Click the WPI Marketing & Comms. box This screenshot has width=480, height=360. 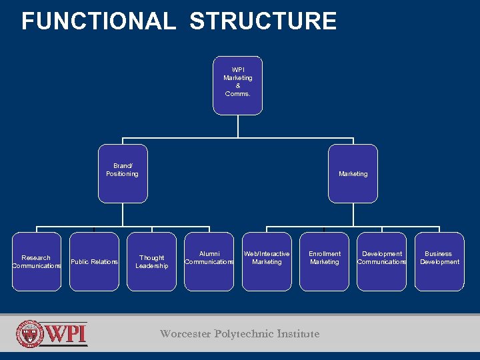pos(238,85)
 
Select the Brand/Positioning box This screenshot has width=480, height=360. pos(123,173)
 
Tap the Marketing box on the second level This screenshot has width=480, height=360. pos(353,173)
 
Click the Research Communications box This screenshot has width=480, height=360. pos(37,261)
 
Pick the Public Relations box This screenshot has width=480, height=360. pos(94,261)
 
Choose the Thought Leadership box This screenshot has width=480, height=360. pos(152,261)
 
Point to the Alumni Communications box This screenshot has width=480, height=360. pos(209,261)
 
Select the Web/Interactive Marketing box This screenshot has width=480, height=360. pos(267,261)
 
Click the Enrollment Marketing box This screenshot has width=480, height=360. pos(324,261)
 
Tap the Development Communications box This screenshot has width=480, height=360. pos(381,261)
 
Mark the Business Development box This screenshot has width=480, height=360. pos(439,261)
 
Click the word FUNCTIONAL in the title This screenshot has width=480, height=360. pos(98,21)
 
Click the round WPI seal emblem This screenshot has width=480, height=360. pos(30,334)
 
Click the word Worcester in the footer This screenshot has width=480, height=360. pos(185,334)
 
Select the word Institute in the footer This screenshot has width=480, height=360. pos(297,334)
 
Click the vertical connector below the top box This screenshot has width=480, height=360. pos(238,126)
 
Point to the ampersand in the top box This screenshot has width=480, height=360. pos(238,86)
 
